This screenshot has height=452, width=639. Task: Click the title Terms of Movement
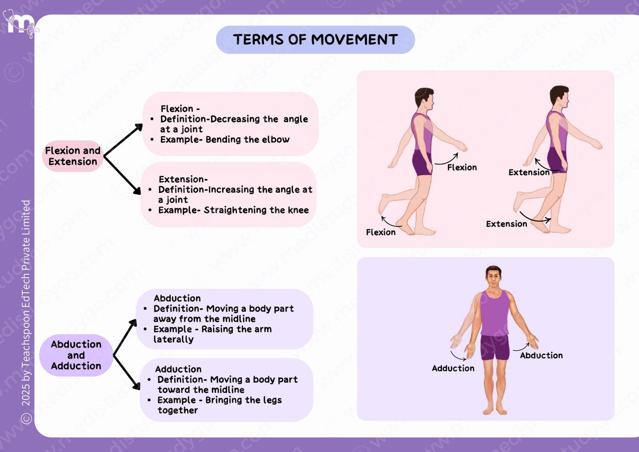pyautogui.click(x=315, y=39)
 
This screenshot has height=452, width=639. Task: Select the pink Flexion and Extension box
pyautogui.click(x=73, y=156)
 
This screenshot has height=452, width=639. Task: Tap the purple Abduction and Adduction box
pyautogui.click(x=76, y=355)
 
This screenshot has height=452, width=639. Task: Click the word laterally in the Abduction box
pyautogui.click(x=173, y=339)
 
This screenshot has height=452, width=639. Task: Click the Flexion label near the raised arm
pyautogui.click(x=462, y=167)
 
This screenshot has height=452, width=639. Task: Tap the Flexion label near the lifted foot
pyautogui.click(x=381, y=232)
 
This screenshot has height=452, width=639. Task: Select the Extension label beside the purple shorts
pyautogui.click(x=529, y=173)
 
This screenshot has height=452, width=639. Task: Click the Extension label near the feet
pyautogui.click(x=506, y=224)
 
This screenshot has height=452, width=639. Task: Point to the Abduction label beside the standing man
pyautogui.click(x=541, y=355)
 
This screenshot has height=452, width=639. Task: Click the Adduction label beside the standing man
pyautogui.click(x=453, y=368)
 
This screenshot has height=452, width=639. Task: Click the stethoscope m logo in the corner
pyautogui.click(x=21, y=23)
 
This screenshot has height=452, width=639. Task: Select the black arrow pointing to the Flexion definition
pyautogui.click(x=123, y=140)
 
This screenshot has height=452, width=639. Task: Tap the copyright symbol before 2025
pyautogui.click(x=26, y=418)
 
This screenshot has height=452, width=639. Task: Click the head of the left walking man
pyautogui.click(x=424, y=99)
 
